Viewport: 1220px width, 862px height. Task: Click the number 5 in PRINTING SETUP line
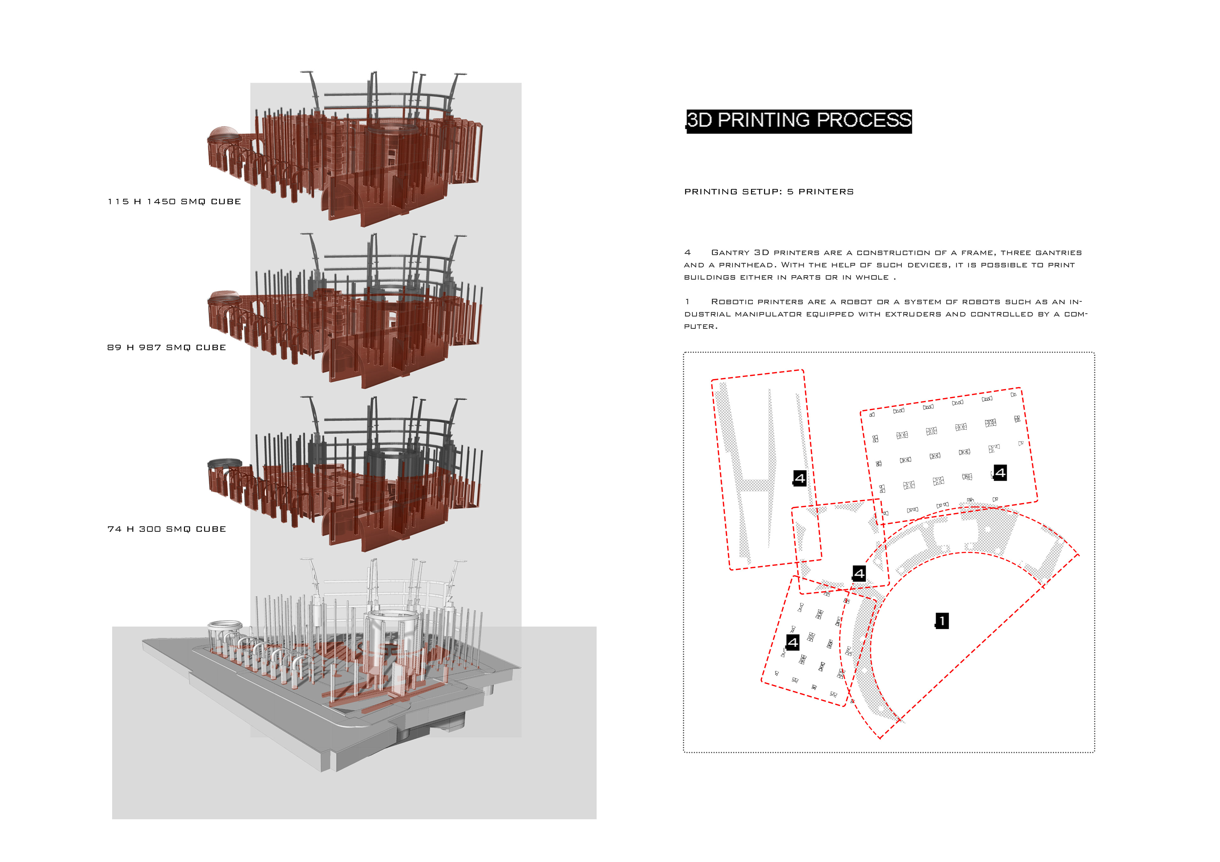click(790, 192)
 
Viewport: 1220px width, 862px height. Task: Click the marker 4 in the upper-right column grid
click(1000, 473)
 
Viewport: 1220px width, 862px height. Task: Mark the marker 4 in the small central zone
click(859, 574)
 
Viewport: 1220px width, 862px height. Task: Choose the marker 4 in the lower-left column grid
click(792, 643)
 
